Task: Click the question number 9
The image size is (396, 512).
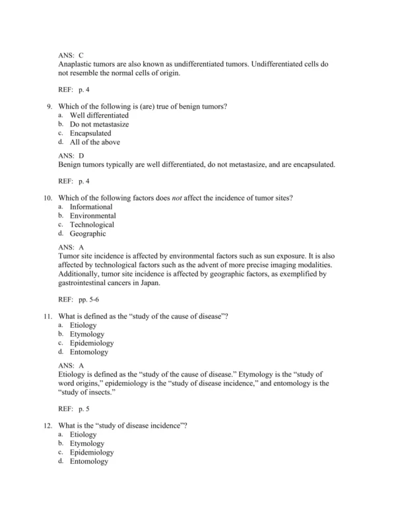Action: (x=49, y=106)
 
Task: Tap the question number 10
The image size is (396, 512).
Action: (x=47, y=197)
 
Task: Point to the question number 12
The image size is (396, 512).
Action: (x=47, y=425)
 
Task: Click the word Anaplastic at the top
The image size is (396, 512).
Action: (x=76, y=64)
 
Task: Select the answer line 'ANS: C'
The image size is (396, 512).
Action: (x=71, y=55)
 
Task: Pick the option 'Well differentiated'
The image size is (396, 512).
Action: (x=99, y=115)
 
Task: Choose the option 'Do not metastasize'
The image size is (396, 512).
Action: (x=99, y=124)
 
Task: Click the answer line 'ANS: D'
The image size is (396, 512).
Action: (x=71, y=155)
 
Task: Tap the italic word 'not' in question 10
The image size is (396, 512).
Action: (x=177, y=197)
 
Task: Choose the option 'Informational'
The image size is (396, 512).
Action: (x=91, y=207)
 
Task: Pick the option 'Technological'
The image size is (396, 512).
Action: (x=92, y=224)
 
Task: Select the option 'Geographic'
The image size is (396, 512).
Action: (x=88, y=234)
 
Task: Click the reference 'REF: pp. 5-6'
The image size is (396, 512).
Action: (x=78, y=300)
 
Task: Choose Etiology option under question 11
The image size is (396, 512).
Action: (x=83, y=325)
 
